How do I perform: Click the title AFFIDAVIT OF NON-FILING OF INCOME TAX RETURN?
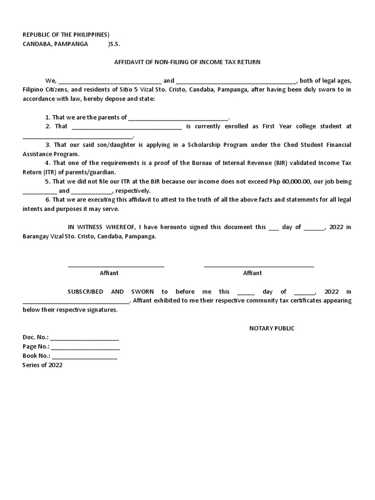click(x=187, y=62)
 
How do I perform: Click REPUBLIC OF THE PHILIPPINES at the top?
click(x=66, y=35)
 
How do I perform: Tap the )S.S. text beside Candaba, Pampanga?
click(x=114, y=44)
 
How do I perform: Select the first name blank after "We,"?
click(x=110, y=81)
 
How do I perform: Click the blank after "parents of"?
click(x=178, y=118)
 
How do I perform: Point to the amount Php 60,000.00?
click(x=290, y=182)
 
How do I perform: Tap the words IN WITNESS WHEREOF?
click(x=103, y=227)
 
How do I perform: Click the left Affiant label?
click(x=109, y=273)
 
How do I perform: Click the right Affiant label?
click(x=252, y=273)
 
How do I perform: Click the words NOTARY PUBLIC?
click(x=272, y=329)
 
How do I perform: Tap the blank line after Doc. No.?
click(x=84, y=338)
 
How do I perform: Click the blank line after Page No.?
click(x=85, y=347)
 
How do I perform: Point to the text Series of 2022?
click(x=42, y=365)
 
